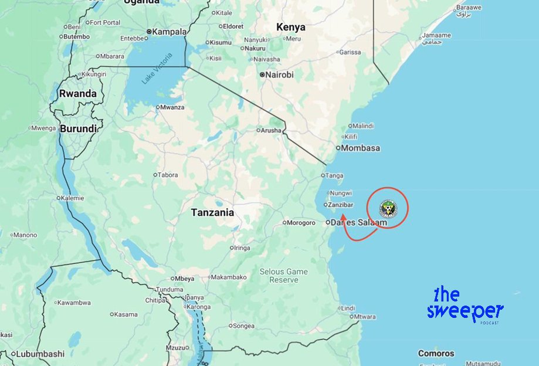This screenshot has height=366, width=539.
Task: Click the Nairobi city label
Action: pos(279,75)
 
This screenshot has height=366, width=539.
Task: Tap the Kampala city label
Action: pos(170,32)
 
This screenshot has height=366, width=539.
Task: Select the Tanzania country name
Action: pos(212,213)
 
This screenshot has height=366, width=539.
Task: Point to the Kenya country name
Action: pos(291,27)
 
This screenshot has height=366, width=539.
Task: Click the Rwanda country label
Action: pos(78,94)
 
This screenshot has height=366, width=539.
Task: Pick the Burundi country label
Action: pos(79,128)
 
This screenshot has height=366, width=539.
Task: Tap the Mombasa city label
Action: pos(361,148)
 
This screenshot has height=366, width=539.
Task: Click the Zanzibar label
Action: pos(341,205)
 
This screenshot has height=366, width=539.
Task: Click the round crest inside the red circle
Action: pos(388,208)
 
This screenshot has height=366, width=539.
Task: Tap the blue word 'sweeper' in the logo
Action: pos(465,311)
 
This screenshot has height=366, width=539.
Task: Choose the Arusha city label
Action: pos(271,130)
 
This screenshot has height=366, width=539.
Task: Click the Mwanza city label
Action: pos(172,107)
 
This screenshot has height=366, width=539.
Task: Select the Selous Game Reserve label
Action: pos(284,276)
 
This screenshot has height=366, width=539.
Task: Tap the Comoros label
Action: pos(436,354)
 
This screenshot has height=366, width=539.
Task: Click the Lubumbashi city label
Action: pos(40,354)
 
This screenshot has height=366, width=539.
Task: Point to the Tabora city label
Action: pos(167,175)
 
